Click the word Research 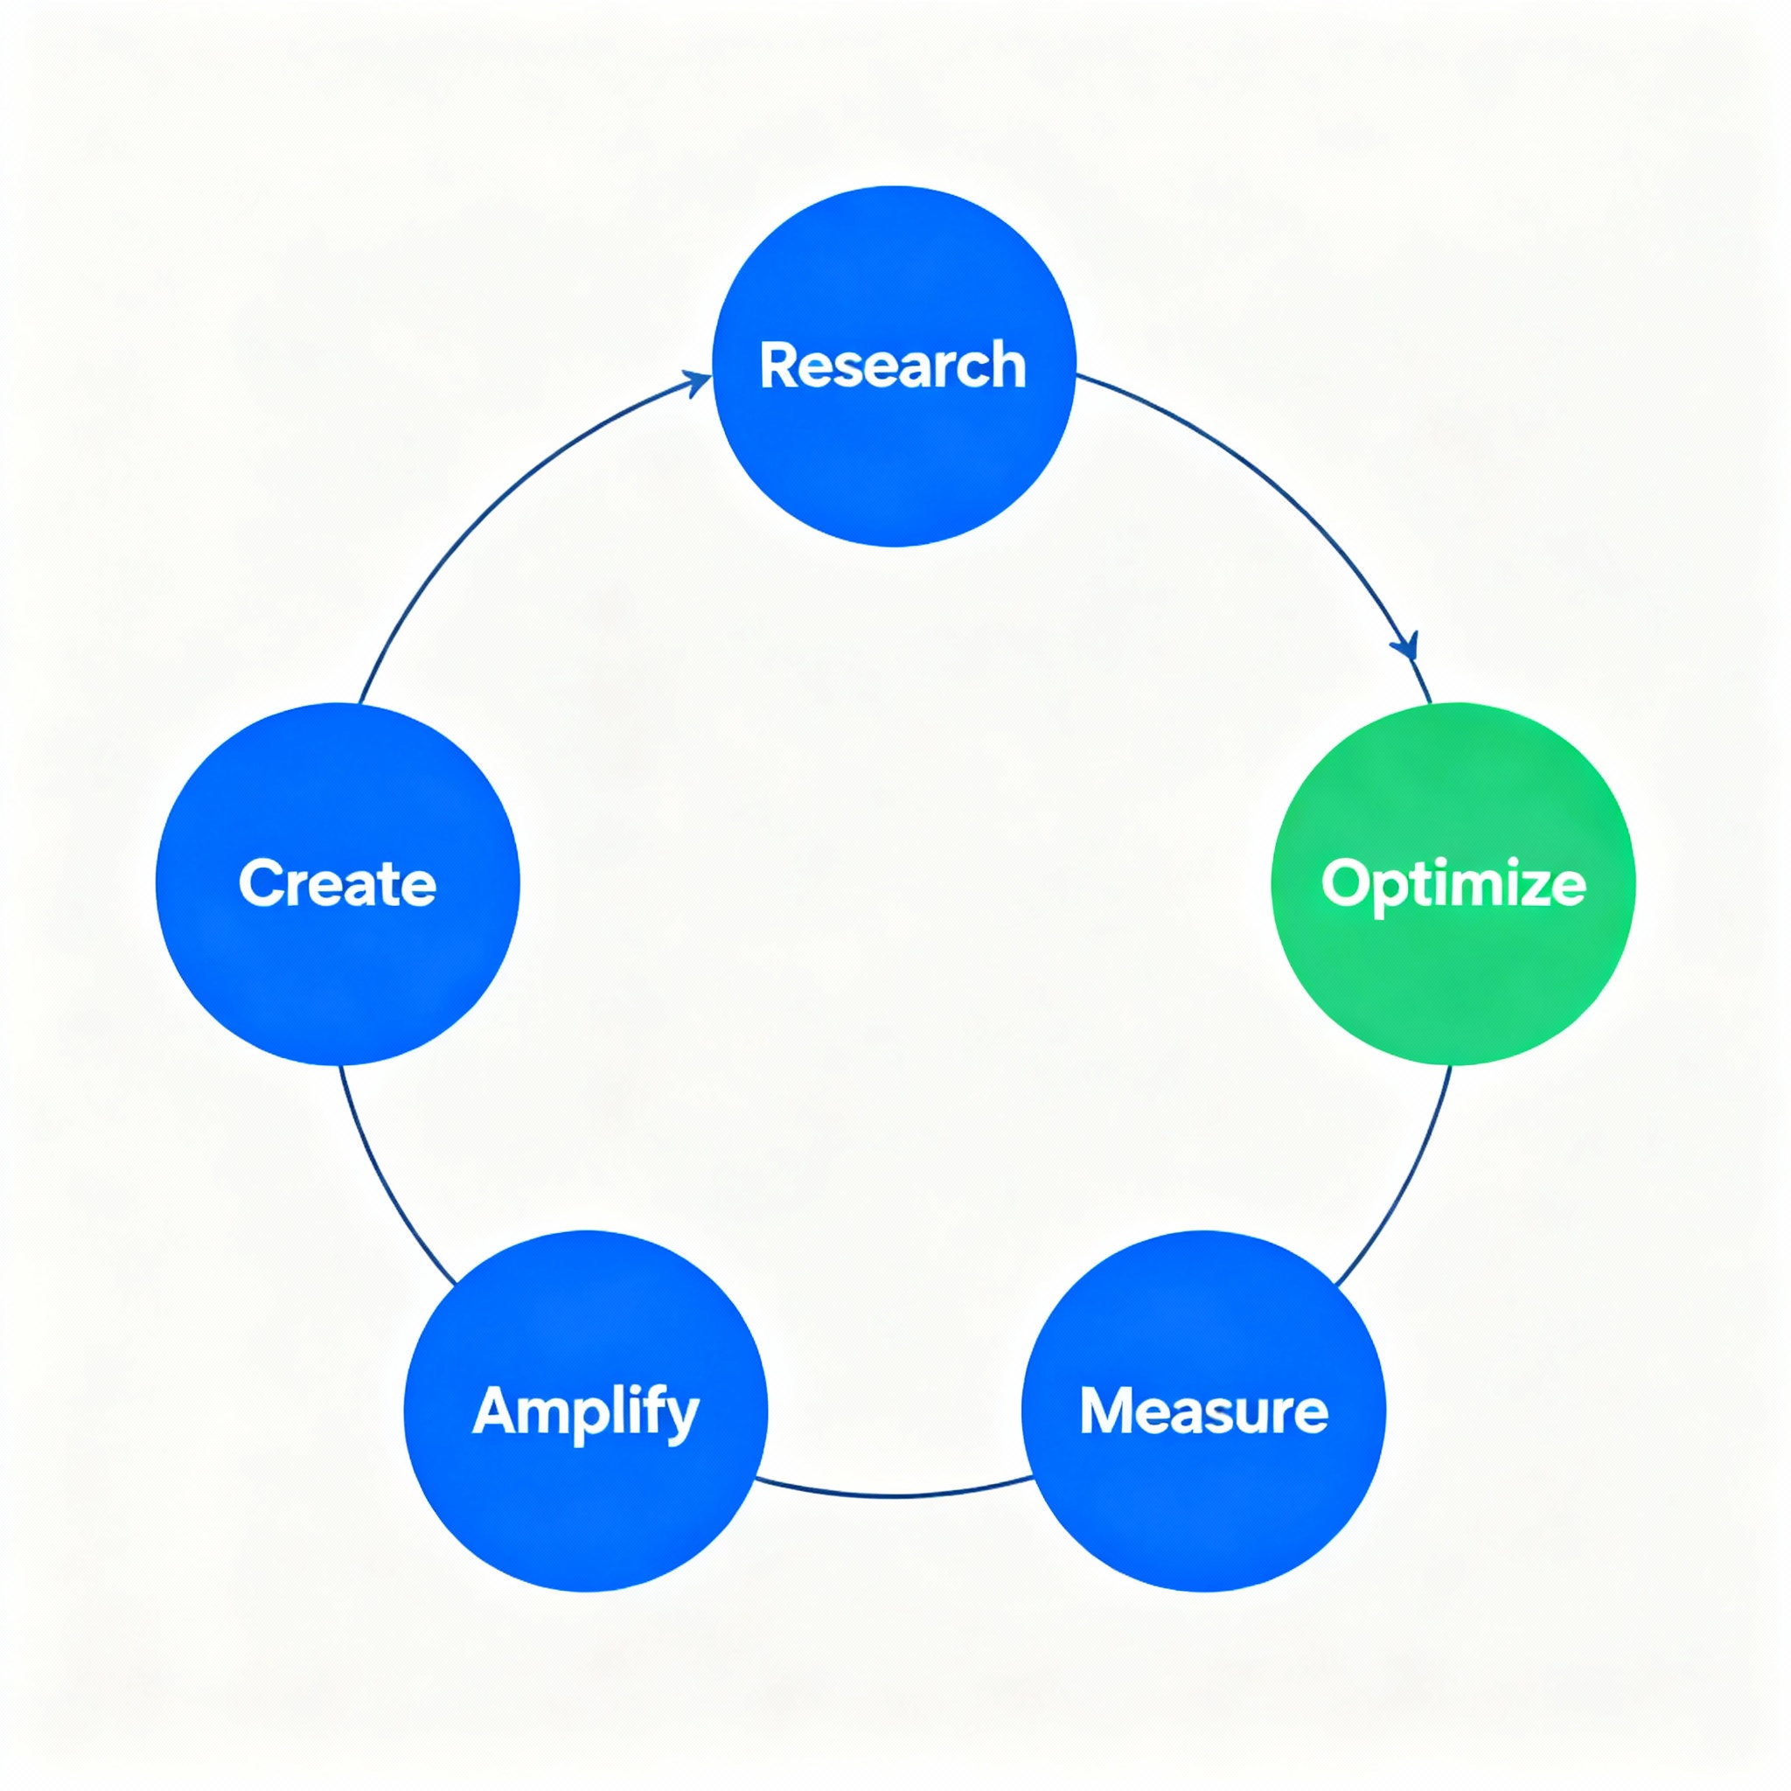[x=893, y=366]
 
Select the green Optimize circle [x=1453, y=983]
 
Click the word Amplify [x=586, y=1411]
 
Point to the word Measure [x=1203, y=1411]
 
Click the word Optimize [x=1453, y=883]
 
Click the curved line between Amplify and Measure [x=895, y=1495]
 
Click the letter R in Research [x=777, y=366]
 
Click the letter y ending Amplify [x=682, y=1418]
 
